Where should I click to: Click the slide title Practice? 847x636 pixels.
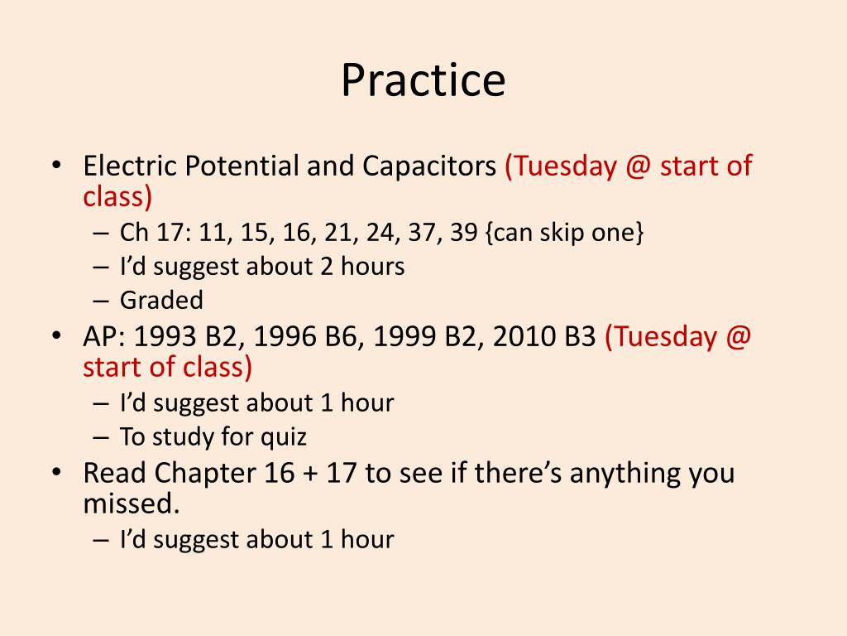(423, 80)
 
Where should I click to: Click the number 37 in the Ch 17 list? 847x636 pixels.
(421, 233)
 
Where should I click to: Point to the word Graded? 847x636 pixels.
(161, 300)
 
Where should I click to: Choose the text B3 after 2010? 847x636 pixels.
(580, 338)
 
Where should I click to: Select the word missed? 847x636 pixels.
(131, 503)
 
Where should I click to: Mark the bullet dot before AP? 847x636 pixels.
(56, 336)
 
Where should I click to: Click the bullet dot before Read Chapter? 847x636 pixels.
(56, 473)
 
